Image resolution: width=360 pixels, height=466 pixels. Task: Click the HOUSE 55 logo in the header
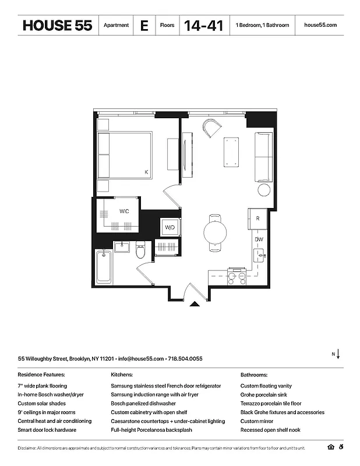click(57, 26)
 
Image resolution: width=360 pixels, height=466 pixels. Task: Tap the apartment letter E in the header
click(143, 26)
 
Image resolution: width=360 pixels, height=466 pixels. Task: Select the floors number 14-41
click(203, 26)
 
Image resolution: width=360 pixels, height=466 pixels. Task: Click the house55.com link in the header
click(320, 26)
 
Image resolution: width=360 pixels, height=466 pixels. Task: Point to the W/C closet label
click(125, 211)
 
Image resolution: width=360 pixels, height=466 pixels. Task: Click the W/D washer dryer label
click(170, 227)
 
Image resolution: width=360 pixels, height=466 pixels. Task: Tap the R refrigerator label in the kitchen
click(257, 218)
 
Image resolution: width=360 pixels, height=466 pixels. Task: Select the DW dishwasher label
click(259, 239)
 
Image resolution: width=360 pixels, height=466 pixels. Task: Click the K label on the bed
click(146, 171)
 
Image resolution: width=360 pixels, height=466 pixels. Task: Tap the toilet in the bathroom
click(140, 251)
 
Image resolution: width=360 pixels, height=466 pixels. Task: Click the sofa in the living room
click(263, 156)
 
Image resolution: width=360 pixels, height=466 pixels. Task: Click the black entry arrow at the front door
click(195, 303)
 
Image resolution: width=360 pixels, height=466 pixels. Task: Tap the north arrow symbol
click(338, 354)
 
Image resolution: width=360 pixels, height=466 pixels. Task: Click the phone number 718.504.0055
click(186, 359)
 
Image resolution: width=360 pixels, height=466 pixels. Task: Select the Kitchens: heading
click(122, 375)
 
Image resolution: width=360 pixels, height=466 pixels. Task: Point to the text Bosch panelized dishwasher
click(143, 404)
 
